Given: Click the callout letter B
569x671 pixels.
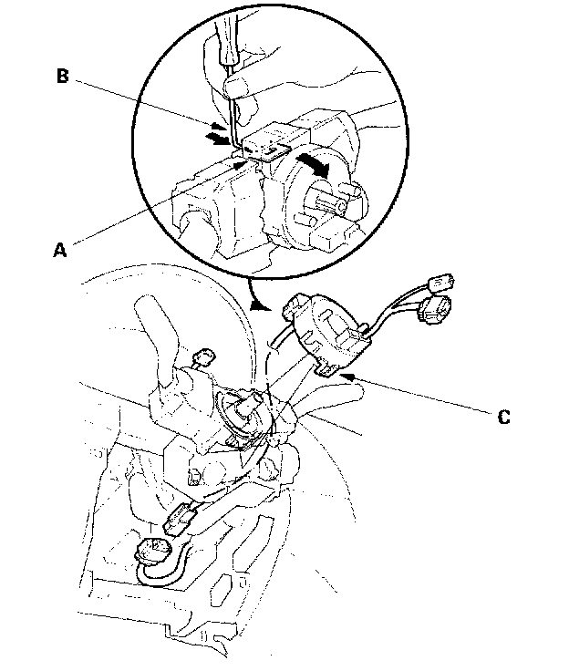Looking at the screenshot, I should tap(62, 77).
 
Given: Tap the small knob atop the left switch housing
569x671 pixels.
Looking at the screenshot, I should tap(203, 356).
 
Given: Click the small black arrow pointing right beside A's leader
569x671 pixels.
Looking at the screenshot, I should tap(240, 165).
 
